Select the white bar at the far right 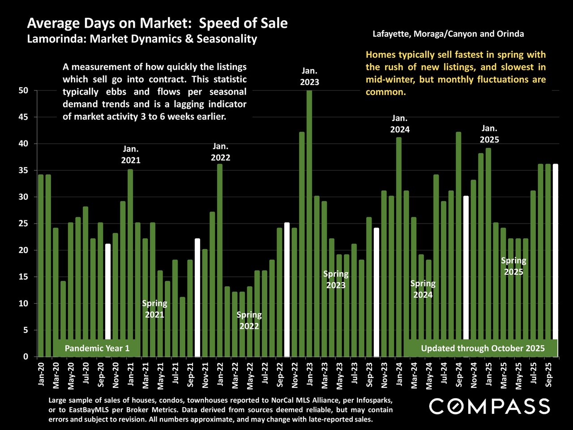(556, 260)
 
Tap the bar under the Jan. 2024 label (399, 246)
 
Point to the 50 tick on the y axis (23, 90)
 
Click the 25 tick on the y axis (23, 224)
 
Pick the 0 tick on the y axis (26, 357)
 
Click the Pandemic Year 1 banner (97, 348)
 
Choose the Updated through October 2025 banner (483, 348)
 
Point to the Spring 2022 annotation (249, 320)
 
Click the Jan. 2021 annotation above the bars (131, 155)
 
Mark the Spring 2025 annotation (513, 266)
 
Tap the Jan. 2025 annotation (489, 134)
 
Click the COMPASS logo (489, 406)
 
